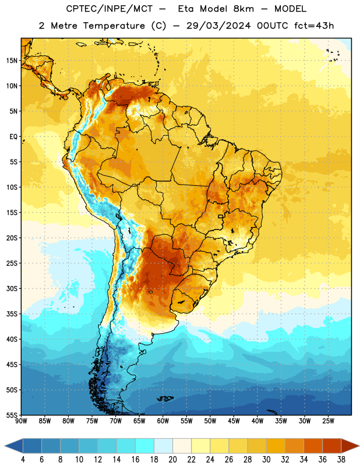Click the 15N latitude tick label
[x=12, y=61]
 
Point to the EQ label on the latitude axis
[x=13, y=137]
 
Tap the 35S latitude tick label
[x=12, y=314]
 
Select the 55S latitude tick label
[x=12, y=415]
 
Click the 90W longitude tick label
[x=21, y=421]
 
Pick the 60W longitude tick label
[x=163, y=421]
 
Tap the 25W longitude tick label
[x=328, y=421]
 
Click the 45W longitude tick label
[x=234, y=421]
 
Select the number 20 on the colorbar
[x=172, y=460]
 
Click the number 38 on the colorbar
[x=341, y=460]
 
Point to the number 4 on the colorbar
[x=23, y=460]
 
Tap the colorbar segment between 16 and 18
[x=145, y=446]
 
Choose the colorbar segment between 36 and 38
[x=332, y=446]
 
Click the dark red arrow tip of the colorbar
[x=358, y=446]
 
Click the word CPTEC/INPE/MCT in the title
[x=110, y=9]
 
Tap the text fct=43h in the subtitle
[x=314, y=26]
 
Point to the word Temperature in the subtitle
[x=114, y=26]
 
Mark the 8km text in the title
[x=243, y=9]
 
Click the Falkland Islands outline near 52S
[x=165, y=398]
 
